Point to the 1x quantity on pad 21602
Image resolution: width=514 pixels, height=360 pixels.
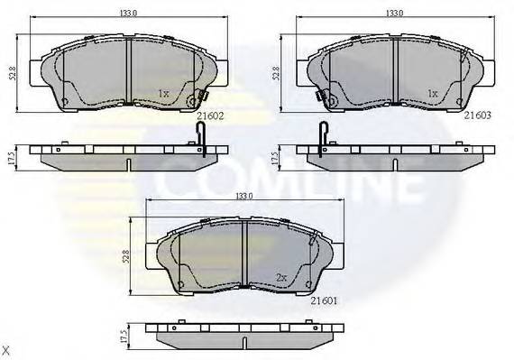click(164, 93)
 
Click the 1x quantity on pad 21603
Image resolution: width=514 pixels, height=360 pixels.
click(432, 93)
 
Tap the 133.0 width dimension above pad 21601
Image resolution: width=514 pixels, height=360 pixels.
click(244, 196)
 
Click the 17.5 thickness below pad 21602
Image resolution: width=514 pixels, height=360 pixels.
click(11, 155)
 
